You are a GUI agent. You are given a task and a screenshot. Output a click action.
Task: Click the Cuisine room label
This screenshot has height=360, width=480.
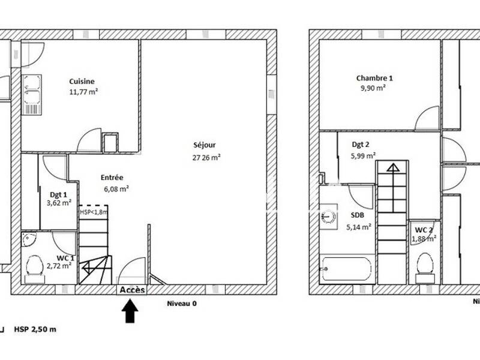(82, 82)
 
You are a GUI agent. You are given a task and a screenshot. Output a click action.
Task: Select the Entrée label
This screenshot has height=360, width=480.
(112, 178)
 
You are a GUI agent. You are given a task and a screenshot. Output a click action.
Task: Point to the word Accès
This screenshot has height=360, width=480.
(132, 290)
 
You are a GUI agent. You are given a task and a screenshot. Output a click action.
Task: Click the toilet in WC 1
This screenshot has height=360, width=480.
(35, 269)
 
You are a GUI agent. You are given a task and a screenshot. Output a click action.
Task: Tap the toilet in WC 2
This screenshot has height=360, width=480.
(425, 268)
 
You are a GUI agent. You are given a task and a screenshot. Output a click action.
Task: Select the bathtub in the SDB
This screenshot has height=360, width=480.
(347, 269)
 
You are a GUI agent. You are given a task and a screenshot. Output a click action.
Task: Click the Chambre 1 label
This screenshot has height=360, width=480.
(374, 78)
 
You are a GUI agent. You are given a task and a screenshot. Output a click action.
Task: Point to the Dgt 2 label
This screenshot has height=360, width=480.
(360, 144)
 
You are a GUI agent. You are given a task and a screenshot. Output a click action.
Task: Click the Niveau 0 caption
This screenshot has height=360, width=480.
(181, 304)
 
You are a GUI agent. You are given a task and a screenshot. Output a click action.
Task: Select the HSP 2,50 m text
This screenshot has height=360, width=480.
(35, 329)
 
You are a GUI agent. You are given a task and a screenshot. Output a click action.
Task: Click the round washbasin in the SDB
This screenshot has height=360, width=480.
(327, 216)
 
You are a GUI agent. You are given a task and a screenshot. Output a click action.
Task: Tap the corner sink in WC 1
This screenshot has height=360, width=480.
(28, 241)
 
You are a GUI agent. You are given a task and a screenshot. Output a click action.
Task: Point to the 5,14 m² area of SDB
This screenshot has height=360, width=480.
(359, 227)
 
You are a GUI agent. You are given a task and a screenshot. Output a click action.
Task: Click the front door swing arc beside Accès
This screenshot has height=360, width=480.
(133, 270)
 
